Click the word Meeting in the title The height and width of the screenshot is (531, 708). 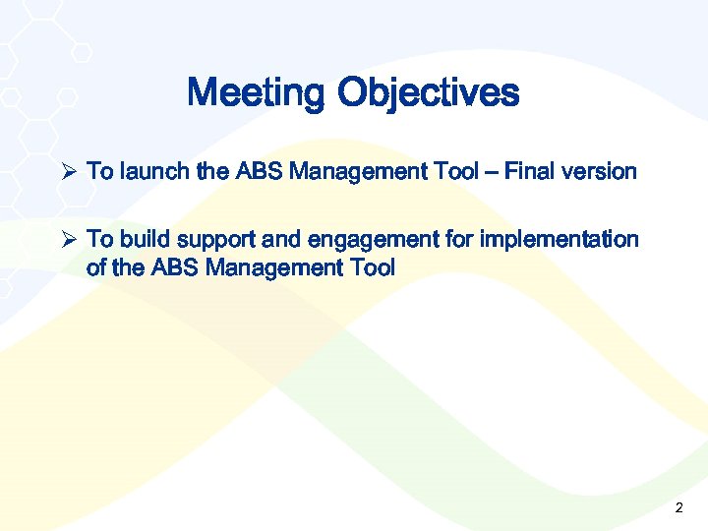tap(256, 93)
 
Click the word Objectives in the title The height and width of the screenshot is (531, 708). tap(428, 93)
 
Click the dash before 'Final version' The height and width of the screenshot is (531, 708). tap(491, 172)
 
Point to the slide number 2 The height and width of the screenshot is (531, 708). tap(678, 508)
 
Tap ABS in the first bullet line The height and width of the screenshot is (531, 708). tap(257, 172)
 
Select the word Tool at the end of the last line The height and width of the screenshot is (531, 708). tap(372, 267)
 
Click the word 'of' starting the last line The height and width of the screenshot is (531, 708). tap(97, 267)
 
